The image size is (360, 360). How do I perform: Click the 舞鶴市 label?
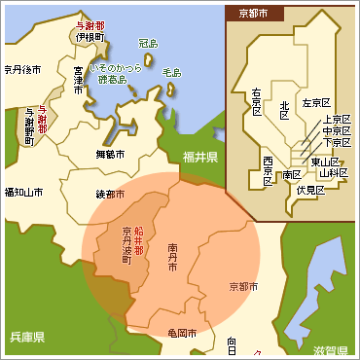[x=111, y=154]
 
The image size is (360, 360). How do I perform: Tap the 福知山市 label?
[x=23, y=193]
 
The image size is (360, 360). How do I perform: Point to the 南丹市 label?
[x=171, y=257]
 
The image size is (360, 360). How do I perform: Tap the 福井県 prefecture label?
[x=199, y=157]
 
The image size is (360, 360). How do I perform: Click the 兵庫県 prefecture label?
[x=26, y=337]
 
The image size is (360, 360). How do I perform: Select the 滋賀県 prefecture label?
[x=331, y=348]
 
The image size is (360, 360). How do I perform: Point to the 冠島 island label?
[x=148, y=44]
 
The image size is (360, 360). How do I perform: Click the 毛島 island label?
[x=171, y=72]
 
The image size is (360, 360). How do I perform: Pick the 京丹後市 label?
[x=22, y=69]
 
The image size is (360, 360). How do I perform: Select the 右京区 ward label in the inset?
[x=257, y=102]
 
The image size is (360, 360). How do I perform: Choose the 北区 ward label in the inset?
[x=284, y=107]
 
